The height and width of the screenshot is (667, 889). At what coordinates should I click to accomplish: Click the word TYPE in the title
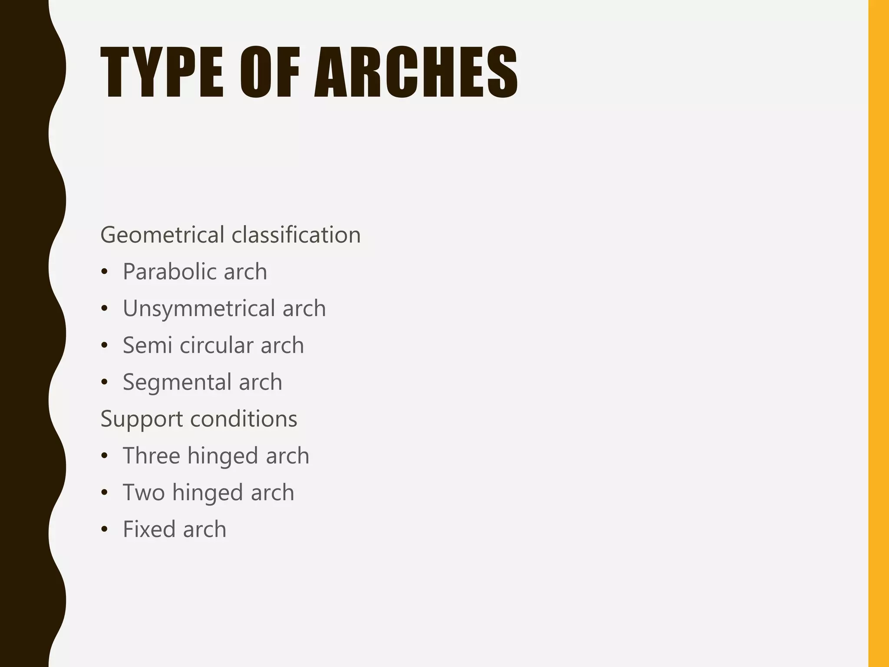(162, 72)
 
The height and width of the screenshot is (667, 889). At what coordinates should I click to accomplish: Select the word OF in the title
(270, 72)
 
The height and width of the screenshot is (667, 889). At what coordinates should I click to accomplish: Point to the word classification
(296, 235)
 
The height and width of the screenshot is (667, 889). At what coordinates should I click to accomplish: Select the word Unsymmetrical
(199, 308)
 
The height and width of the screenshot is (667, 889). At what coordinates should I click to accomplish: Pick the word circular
(216, 345)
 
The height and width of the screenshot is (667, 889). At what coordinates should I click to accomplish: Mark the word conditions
(244, 419)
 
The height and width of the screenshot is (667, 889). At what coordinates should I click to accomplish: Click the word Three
(151, 456)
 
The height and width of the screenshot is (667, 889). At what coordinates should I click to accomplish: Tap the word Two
(144, 493)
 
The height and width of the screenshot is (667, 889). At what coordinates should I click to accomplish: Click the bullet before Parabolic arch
(104, 272)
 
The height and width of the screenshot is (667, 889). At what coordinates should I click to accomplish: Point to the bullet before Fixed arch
(104, 530)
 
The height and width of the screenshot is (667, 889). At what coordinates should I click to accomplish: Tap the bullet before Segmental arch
(104, 383)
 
